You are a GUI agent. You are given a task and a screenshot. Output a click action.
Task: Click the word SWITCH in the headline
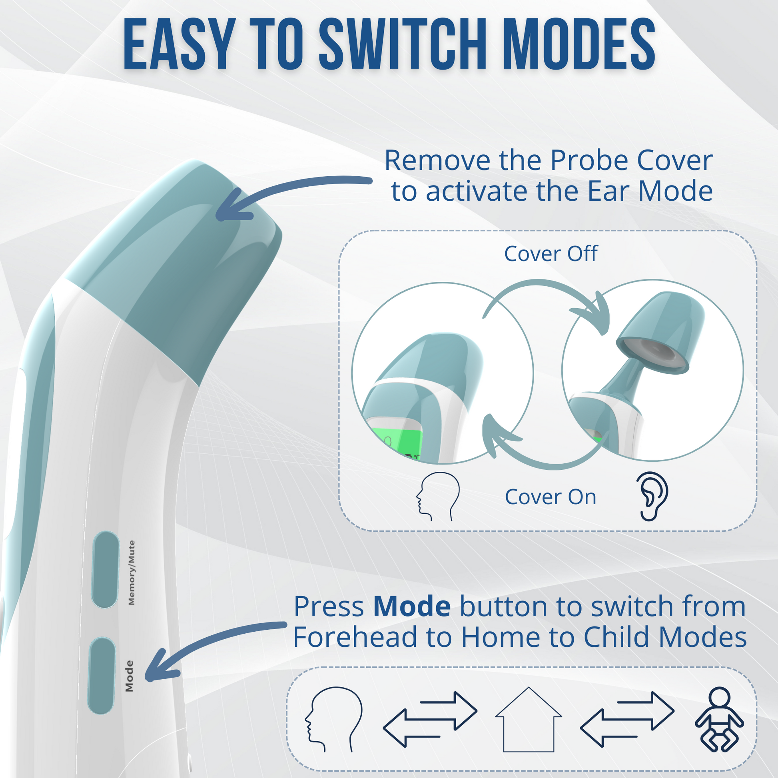[x=404, y=44]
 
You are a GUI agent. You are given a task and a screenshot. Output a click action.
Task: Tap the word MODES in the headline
[x=579, y=44]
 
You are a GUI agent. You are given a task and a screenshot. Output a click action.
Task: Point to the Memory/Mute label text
[x=131, y=573]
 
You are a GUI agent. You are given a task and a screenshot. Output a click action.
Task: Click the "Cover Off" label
[x=551, y=254]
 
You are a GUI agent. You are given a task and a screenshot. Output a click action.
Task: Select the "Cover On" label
[x=551, y=497]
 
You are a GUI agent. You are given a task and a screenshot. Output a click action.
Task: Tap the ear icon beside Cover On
[x=652, y=496]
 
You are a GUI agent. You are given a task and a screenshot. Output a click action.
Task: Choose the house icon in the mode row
[x=529, y=720]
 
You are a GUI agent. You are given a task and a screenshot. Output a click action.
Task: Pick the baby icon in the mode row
[x=720, y=720]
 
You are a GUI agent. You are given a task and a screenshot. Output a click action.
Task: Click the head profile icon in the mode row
[x=334, y=720]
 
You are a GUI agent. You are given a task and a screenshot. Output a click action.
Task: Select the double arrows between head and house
[x=430, y=720]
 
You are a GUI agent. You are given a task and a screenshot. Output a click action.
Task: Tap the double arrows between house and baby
[x=627, y=720]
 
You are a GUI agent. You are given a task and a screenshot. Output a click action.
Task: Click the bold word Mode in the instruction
[x=412, y=606]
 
